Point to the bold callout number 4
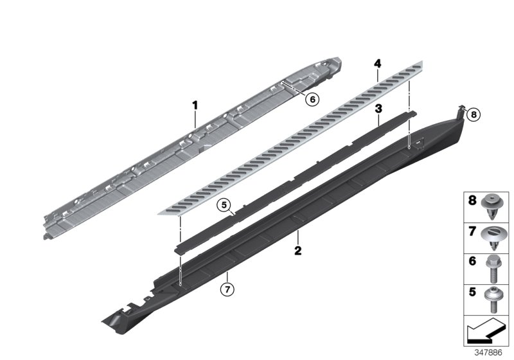(378, 63)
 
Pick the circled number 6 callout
(312, 99)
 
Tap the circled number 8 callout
(474, 115)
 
